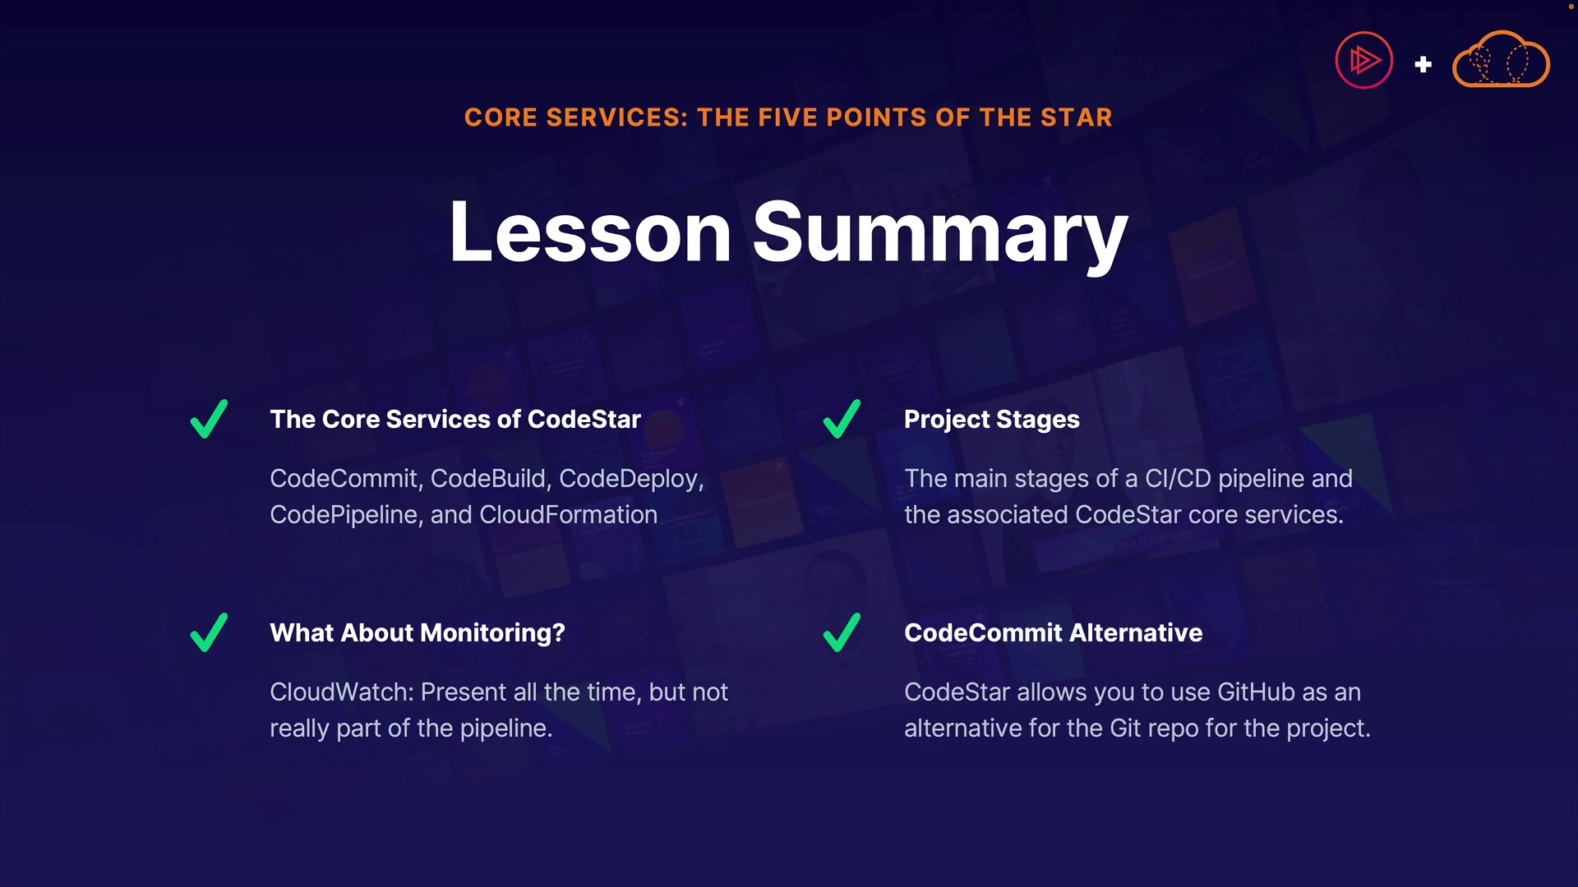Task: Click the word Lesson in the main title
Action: [590, 232]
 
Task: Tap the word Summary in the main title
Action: [940, 236]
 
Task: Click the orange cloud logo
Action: [1501, 59]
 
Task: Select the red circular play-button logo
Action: [1364, 60]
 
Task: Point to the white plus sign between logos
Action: [1423, 64]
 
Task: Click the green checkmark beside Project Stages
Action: [842, 419]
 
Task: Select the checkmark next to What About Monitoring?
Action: [209, 632]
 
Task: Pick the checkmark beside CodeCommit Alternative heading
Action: [842, 632]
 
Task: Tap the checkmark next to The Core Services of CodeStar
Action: [209, 419]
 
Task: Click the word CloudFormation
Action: [568, 515]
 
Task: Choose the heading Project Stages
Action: [992, 420]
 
